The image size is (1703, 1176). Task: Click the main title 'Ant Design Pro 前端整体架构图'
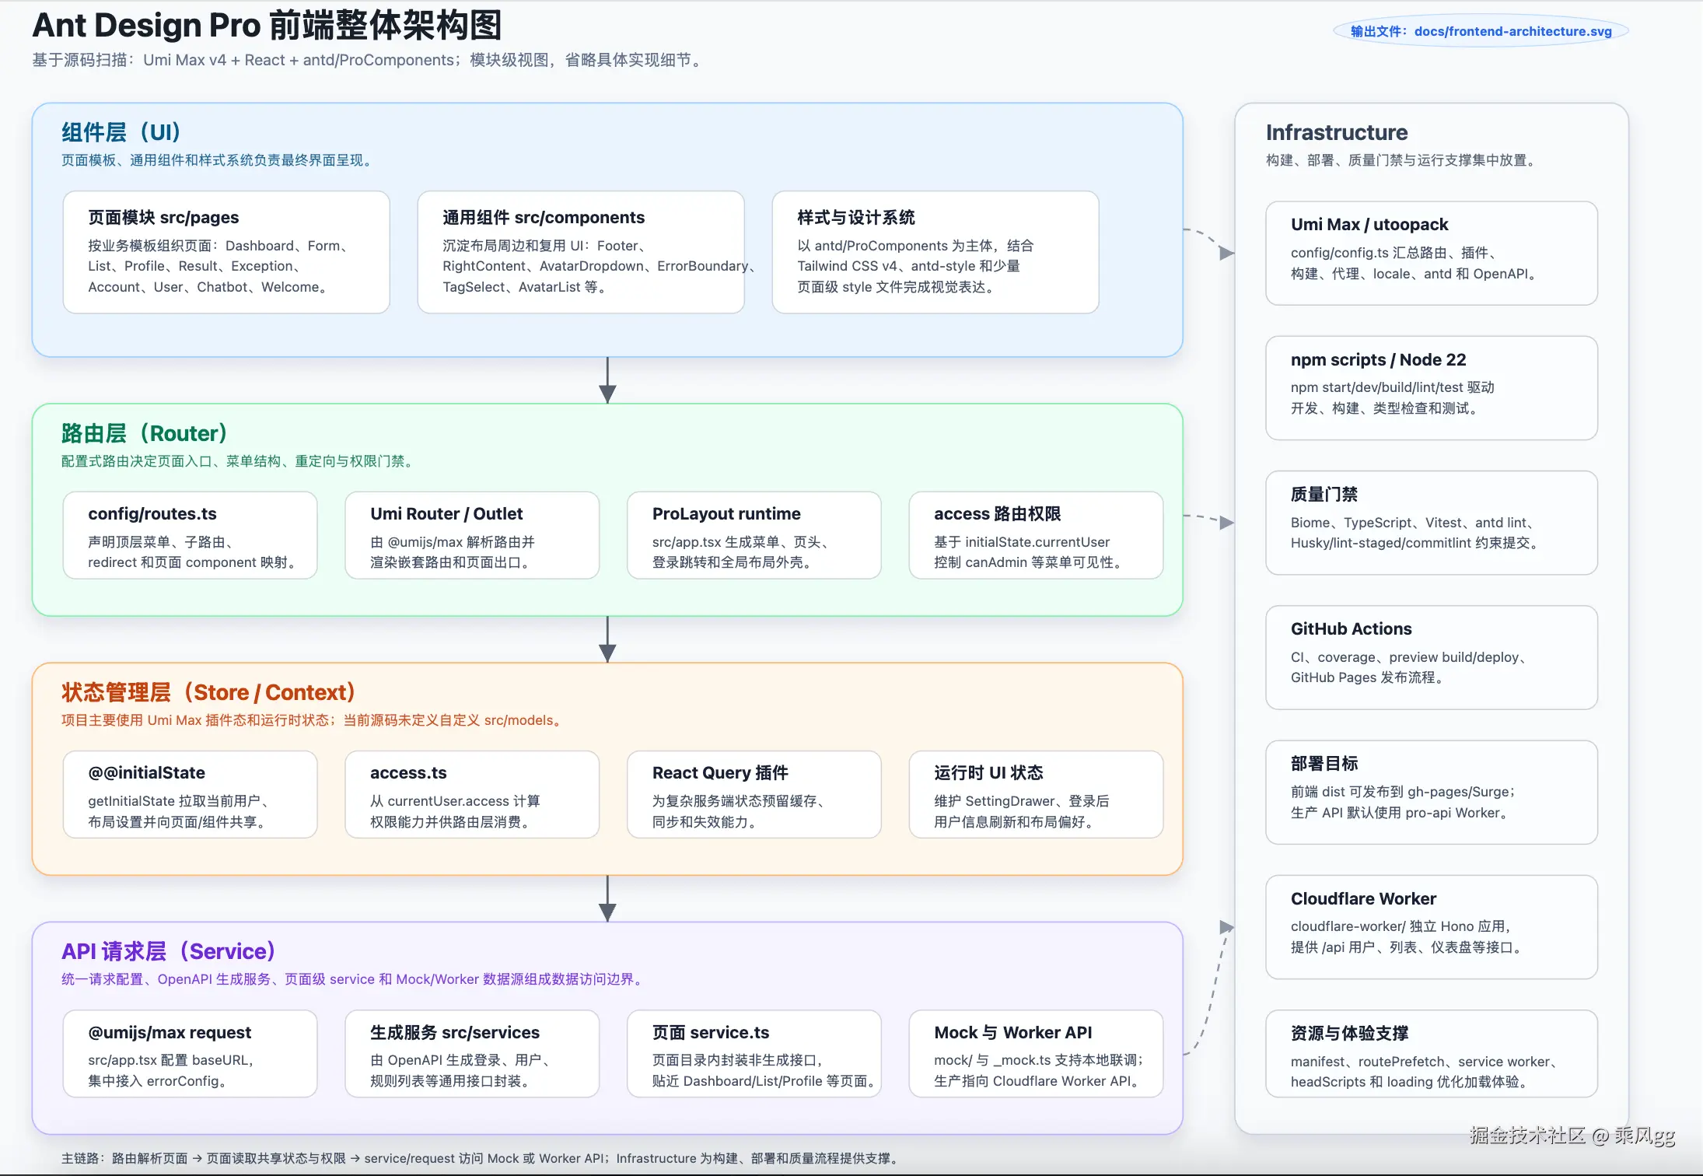(267, 26)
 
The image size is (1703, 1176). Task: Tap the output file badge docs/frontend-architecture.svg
(1481, 31)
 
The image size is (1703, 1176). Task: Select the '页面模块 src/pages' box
(226, 252)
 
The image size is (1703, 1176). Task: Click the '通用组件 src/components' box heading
(544, 217)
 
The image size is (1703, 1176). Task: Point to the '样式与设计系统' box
(935, 252)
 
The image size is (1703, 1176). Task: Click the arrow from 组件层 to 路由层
(607, 380)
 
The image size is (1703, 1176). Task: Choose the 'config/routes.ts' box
(191, 535)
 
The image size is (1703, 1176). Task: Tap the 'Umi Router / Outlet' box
(472, 535)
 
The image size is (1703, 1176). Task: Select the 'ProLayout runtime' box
(754, 535)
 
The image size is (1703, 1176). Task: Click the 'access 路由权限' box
(1036, 535)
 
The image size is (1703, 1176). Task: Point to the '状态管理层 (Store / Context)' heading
(208, 692)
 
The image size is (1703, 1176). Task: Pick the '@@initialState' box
(191, 794)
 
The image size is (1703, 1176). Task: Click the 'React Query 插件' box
(754, 794)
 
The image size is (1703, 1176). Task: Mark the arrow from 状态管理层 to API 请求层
(607, 899)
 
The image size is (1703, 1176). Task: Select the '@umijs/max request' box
(191, 1054)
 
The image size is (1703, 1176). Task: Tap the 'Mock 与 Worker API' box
(1036, 1054)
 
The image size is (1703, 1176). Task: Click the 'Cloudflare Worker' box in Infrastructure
(1432, 927)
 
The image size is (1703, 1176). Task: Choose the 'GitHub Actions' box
(1432, 657)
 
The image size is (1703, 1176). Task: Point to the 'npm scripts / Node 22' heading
(1378, 359)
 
